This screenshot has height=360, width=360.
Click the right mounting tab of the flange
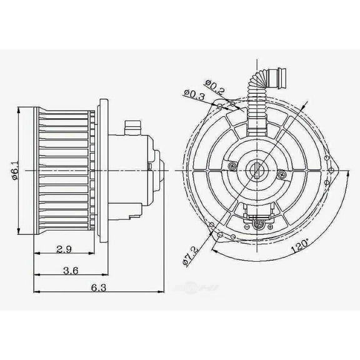click(x=335, y=167)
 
